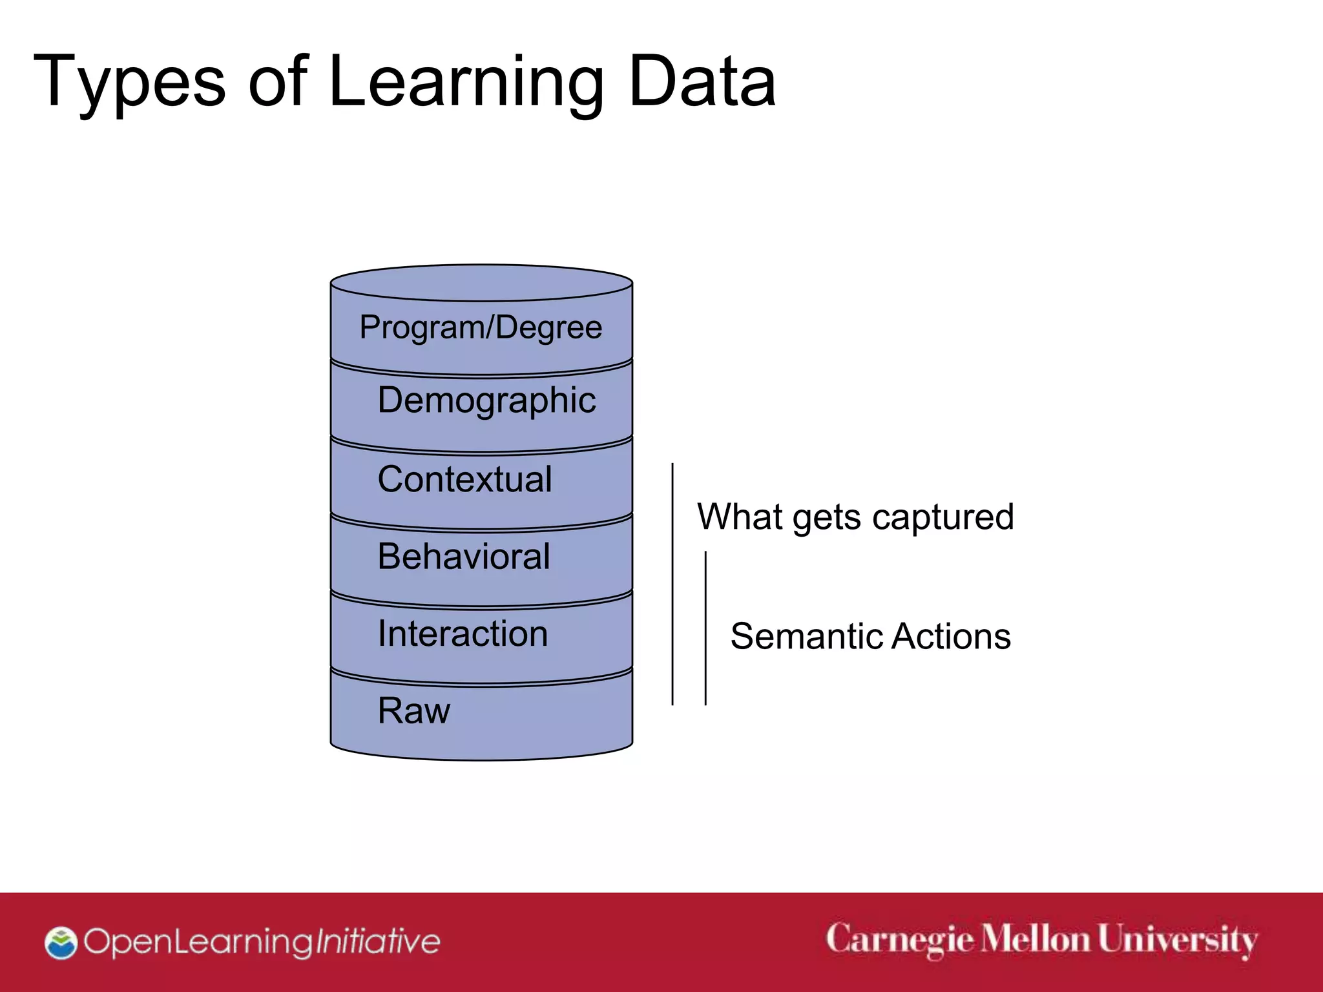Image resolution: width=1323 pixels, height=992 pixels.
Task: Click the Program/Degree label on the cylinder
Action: click(x=481, y=327)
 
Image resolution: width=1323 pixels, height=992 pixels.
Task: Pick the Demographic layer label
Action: click(x=486, y=400)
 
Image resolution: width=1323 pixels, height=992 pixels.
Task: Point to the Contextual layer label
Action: click(x=464, y=479)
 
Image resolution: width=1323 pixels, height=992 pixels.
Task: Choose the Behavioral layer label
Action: click(x=463, y=556)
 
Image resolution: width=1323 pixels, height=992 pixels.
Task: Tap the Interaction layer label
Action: click(x=463, y=634)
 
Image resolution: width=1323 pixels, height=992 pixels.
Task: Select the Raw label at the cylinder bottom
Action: click(x=413, y=711)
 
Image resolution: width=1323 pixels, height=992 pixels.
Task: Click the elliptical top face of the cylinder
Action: click(x=481, y=283)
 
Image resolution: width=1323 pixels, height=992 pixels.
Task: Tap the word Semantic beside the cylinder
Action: click(x=807, y=637)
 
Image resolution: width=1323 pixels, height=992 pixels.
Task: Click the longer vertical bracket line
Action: click(x=672, y=584)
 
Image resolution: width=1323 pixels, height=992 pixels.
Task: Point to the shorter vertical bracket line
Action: click(x=705, y=628)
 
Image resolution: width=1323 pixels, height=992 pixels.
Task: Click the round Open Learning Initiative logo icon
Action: click(x=61, y=943)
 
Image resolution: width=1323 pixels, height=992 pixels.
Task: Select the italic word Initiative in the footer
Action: click(x=377, y=942)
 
